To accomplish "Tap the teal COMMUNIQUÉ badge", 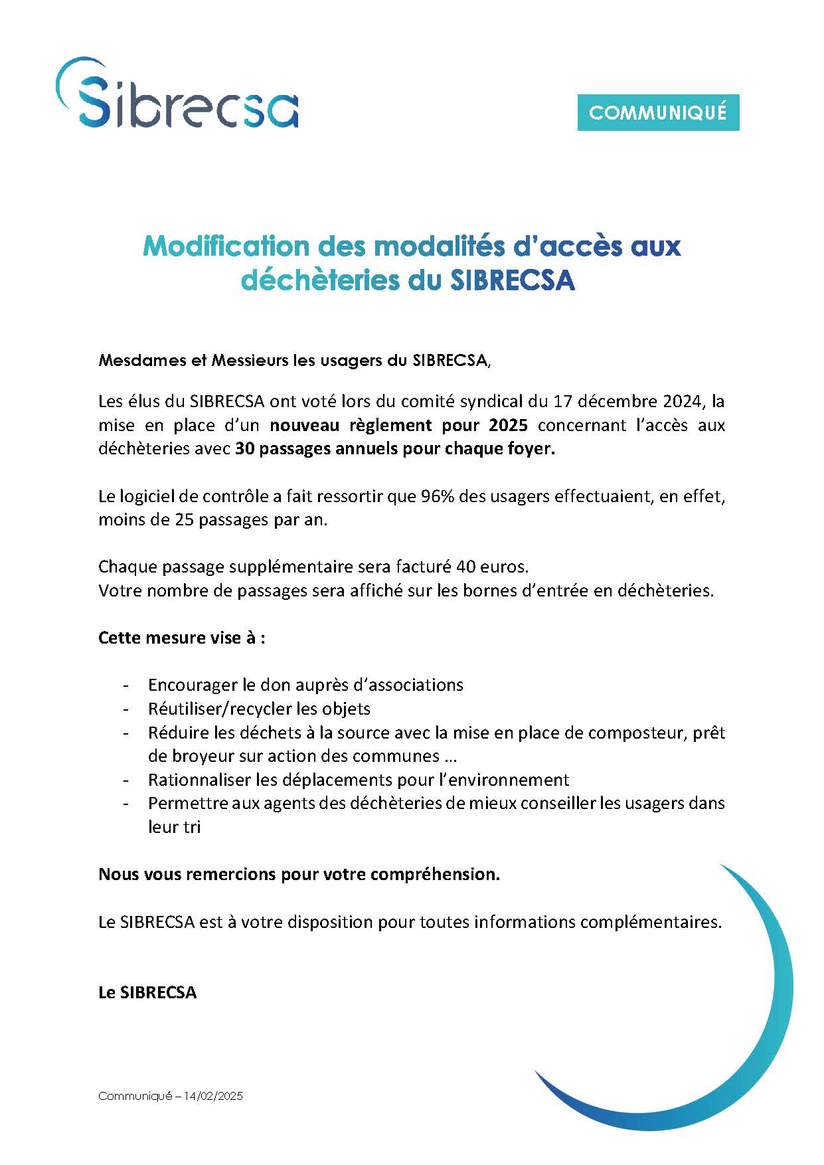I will click(657, 113).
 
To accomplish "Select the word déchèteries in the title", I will click(319, 280).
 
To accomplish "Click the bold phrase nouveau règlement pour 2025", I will click(398, 425).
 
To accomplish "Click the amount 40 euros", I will click(492, 567).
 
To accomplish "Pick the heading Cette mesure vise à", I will click(181, 638).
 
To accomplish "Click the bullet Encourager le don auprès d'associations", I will click(305, 685).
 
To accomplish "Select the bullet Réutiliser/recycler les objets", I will click(259, 709).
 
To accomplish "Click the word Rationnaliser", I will click(201, 780).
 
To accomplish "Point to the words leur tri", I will click(174, 827).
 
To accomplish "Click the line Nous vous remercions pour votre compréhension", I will click(299, 874).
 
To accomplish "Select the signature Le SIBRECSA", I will click(147, 992).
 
